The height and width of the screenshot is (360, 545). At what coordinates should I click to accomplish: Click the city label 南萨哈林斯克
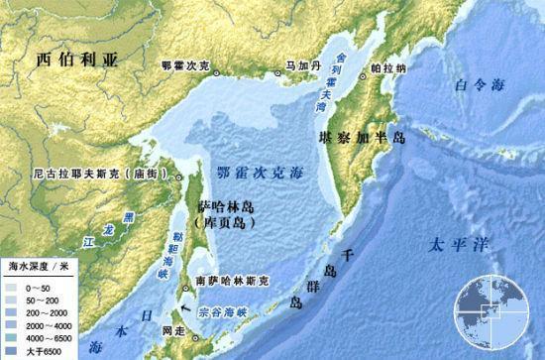(232, 282)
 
